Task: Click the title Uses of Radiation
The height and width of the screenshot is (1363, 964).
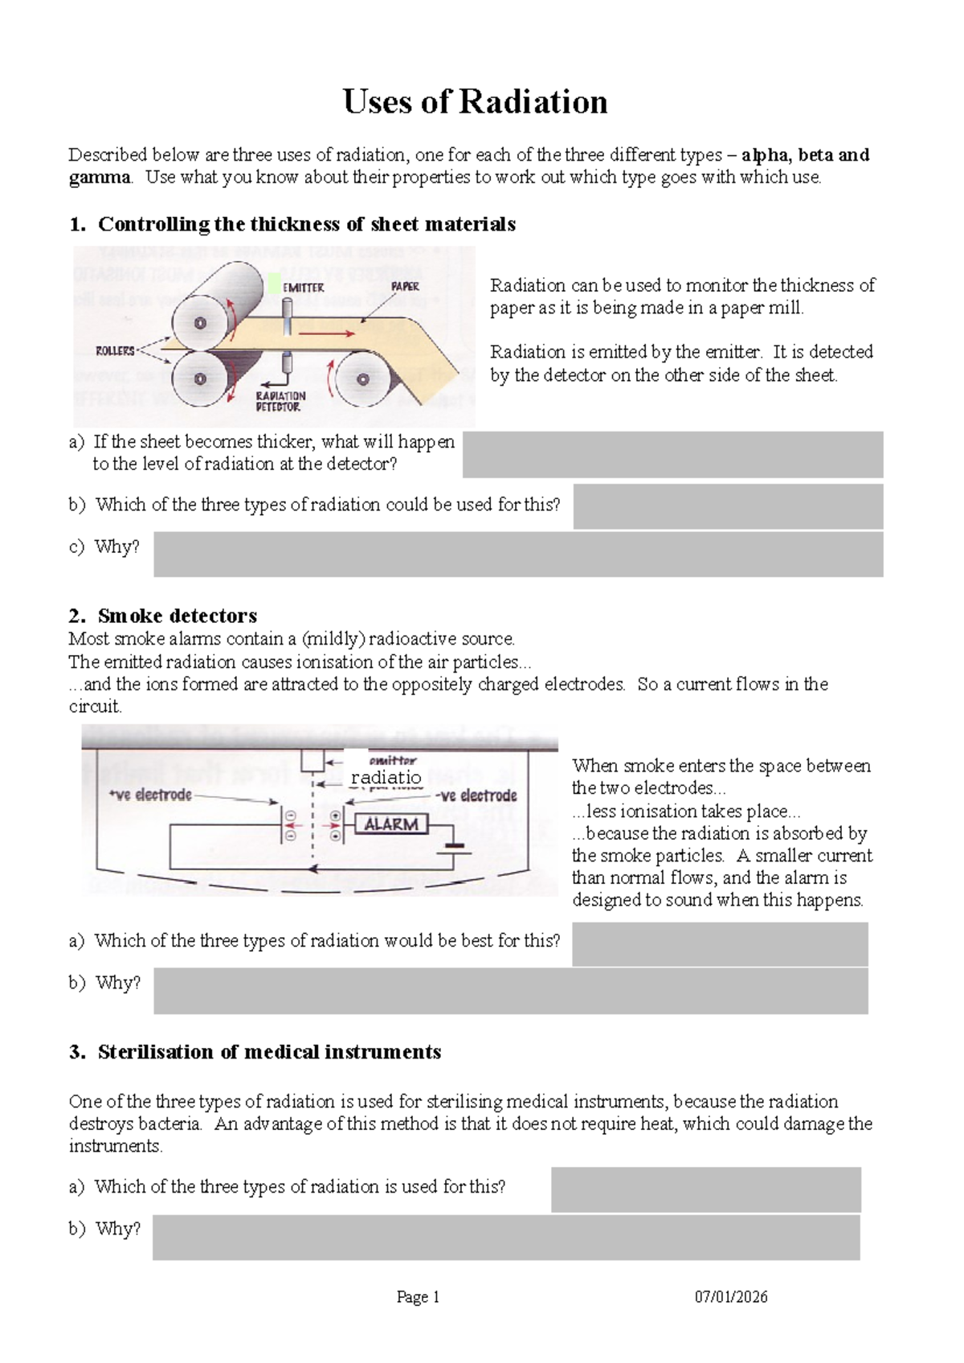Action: pyautogui.click(x=475, y=102)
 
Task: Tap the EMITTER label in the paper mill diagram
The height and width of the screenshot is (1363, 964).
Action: pyautogui.click(x=304, y=288)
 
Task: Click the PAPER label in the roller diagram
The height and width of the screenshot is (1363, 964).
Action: pyautogui.click(x=405, y=286)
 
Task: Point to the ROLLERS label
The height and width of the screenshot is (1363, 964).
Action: pyautogui.click(x=115, y=351)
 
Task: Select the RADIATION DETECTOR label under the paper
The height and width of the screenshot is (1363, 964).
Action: pyautogui.click(x=280, y=401)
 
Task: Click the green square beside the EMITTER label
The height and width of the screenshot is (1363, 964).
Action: pyautogui.click(x=274, y=283)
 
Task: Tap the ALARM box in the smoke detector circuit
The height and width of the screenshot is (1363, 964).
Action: pyautogui.click(x=391, y=825)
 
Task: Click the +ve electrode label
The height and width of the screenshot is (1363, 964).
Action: pyautogui.click(x=150, y=795)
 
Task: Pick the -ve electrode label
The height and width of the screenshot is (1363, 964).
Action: pyautogui.click(x=476, y=796)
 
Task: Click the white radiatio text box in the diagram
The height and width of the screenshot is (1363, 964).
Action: pyautogui.click(x=386, y=777)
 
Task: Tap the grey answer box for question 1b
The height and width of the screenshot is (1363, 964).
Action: pyautogui.click(x=728, y=506)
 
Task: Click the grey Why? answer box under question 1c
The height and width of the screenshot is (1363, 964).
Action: pyautogui.click(x=518, y=555)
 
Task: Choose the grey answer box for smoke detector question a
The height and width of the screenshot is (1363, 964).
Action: pyautogui.click(x=720, y=943)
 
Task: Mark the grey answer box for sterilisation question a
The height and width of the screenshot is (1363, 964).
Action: pyautogui.click(x=705, y=1189)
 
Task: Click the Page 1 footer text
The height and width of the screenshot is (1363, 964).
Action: pyautogui.click(x=418, y=1296)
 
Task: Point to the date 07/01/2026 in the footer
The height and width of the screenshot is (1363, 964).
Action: pyautogui.click(x=731, y=1296)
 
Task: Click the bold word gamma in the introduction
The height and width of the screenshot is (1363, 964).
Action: pyautogui.click(x=99, y=178)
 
